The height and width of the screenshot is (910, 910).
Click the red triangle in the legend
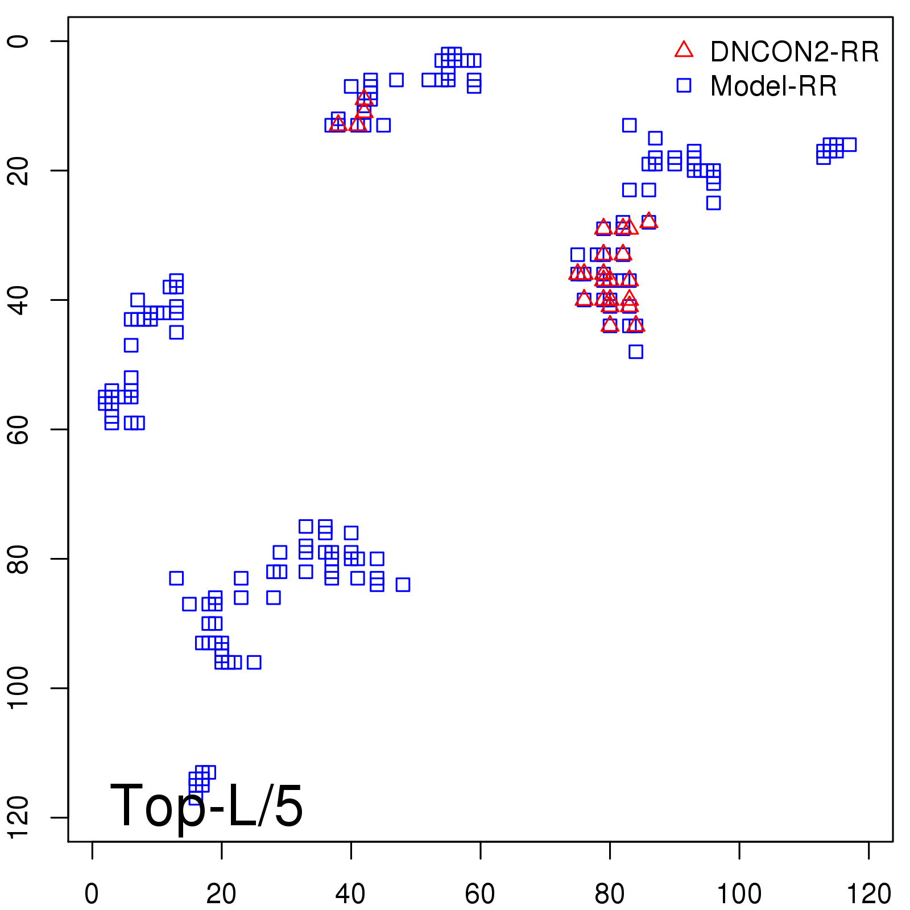pyautogui.click(x=684, y=50)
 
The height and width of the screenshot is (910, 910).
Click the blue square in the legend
pyautogui.click(x=684, y=85)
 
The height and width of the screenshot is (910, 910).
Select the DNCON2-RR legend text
pyautogui.click(x=794, y=52)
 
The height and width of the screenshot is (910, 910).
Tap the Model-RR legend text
pyautogui.click(x=773, y=86)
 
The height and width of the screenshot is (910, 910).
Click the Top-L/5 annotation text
pyautogui.click(x=206, y=805)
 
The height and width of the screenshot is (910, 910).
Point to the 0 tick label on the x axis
pyautogui.click(x=92, y=894)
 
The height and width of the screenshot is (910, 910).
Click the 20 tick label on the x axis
pyautogui.click(x=221, y=894)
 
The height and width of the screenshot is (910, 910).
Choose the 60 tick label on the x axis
pyautogui.click(x=480, y=894)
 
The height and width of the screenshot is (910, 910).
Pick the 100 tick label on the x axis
pyautogui.click(x=739, y=894)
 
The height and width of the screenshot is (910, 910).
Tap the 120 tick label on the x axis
pyautogui.click(x=868, y=894)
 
